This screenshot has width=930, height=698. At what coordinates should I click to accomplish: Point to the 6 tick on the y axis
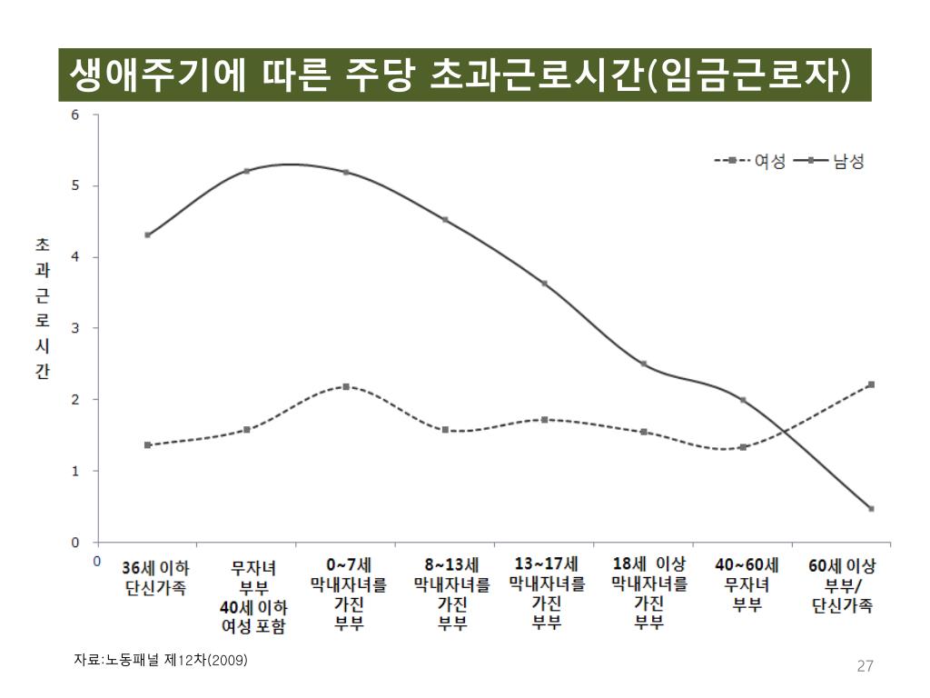(x=75, y=115)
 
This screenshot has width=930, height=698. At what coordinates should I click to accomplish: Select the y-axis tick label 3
(x=75, y=328)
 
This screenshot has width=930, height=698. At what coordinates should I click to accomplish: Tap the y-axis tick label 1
(x=75, y=471)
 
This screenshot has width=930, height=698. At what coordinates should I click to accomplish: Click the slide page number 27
(x=865, y=667)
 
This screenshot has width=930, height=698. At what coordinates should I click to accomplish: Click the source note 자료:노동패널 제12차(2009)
(x=160, y=660)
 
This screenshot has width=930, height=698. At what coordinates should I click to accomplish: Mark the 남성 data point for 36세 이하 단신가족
(x=147, y=235)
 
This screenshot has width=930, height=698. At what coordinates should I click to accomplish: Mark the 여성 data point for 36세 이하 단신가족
(x=147, y=445)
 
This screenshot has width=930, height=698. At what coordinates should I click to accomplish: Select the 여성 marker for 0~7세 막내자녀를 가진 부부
(x=346, y=386)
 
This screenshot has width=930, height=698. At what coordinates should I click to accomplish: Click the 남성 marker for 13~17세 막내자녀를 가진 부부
(x=544, y=284)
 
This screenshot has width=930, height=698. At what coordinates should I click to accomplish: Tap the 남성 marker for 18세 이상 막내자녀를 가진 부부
(x=644, y=364)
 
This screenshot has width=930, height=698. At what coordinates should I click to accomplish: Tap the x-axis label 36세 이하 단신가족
(x=155, y=577)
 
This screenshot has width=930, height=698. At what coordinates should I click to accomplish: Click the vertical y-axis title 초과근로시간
(x=43, y=308)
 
